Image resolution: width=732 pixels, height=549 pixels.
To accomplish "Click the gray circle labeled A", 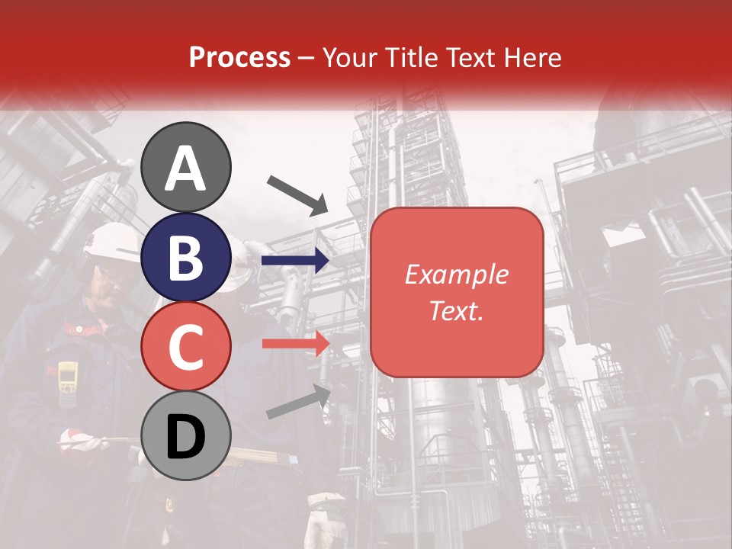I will pyautogui.click(x=186, y=167).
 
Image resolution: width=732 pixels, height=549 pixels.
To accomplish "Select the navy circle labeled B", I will pyautogui.click(x=186, y=257).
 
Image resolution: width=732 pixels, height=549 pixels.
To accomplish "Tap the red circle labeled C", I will pyautogui.click(x=186, y=346).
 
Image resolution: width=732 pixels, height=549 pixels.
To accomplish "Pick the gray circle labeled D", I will pyautogui.click(x=186, y=435).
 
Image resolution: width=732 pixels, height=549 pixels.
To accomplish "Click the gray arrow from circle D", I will pyautogui.click(x=298, y=402).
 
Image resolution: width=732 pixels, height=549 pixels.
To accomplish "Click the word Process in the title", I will pyautogui.click(x=239, y=57).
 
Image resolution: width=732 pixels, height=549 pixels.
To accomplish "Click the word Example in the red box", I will pyautogui.click(x=456, y=274).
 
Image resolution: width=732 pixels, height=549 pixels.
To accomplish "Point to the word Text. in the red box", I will pyautogui.click(x=456, y=310).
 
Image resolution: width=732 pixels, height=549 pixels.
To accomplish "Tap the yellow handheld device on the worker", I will pyautogui.click(x=68, y=381).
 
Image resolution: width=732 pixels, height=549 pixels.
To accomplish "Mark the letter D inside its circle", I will pyautogui.click(x=186, y=437).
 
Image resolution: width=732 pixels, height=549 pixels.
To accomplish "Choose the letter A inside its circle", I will pyautogui.click(x=186, y=169).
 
